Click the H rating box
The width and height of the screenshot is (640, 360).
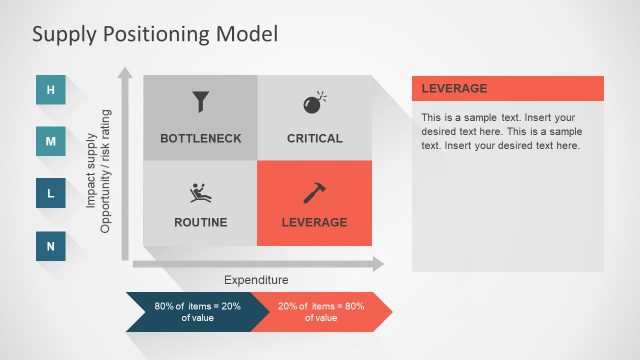click(51, 91)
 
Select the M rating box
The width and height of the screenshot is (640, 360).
click(51, 142)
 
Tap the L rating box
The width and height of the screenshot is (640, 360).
click(51, 193)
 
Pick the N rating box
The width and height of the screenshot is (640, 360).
click(51, 245)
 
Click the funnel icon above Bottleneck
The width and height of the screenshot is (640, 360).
click(201, 102)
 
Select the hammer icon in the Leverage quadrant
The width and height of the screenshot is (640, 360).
click(314, 193)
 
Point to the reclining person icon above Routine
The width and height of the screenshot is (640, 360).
click(201, 193)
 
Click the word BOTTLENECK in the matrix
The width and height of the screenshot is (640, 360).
click(201, 138)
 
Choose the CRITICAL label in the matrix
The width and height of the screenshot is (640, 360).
click(314, 138)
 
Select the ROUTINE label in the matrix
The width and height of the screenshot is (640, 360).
click(201, 222)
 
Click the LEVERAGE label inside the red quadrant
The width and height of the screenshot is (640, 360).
click(314, 222)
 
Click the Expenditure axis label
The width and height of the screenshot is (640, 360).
click(255, 281)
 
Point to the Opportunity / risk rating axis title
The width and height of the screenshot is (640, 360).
click(105, 171)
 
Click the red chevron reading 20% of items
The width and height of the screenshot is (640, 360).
click(320, 311)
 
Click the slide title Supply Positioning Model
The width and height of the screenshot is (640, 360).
click(155, 34)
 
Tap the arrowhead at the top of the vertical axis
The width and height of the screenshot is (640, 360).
click(125, 73)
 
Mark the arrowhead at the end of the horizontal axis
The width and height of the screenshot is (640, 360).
click(377, 264)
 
